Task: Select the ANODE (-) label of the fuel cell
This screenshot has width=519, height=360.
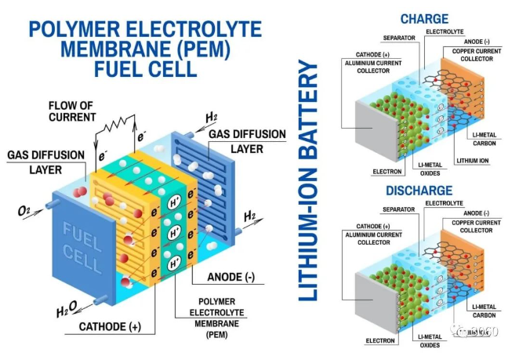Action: (x=234, y=276)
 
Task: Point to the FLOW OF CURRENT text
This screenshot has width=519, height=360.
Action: (x=72, y=110)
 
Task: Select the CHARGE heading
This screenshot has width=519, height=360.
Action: (x=424, y=17)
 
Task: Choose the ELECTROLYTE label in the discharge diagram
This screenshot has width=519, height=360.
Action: (x=444, y=202)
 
